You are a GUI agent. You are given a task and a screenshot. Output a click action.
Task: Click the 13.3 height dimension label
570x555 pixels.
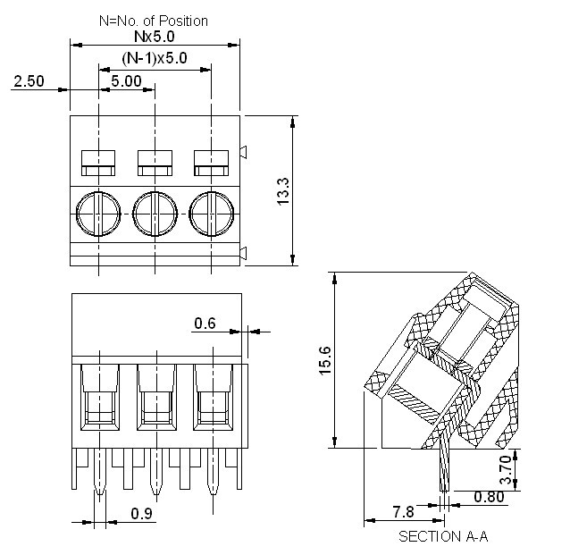[x=282, y=192]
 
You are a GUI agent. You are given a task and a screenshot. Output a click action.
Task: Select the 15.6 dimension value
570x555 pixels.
[x=326, y=360]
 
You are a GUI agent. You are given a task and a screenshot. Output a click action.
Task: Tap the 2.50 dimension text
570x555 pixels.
[x=29, y=81]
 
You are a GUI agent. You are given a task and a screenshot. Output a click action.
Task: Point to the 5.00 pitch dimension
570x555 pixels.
[x=126, y=80]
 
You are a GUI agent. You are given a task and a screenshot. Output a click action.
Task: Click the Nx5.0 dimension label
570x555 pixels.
[x=155, y=37]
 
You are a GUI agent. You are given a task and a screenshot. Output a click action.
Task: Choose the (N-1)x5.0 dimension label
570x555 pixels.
[x=155, y=59]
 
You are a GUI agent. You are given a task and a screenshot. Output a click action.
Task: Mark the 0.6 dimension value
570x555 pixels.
[x=205, y=324]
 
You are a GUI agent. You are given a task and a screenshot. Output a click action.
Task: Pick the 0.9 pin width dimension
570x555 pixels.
[x=141, y=514]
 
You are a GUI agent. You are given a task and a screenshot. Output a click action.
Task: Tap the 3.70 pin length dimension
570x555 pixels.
[x=507, y=470]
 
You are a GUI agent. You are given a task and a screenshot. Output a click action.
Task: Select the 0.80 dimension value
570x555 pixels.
[x=489, y=497]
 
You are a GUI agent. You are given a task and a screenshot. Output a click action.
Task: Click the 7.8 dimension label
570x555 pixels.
[x=404, y=511]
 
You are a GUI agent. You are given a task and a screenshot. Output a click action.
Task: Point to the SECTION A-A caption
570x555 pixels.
[x=443, y=536]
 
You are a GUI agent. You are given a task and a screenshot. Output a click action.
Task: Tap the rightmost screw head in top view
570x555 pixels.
[x=212, y=212]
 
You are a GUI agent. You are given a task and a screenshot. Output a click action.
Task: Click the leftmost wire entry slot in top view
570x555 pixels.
[x=98, y=162]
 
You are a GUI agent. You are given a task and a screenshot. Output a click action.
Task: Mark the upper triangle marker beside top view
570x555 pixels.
[x=244, y=153]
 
